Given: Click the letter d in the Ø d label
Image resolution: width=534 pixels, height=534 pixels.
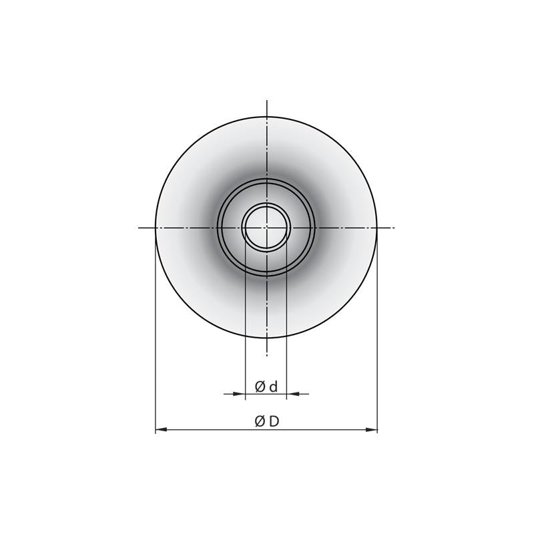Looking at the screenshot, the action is [x=274, y=387].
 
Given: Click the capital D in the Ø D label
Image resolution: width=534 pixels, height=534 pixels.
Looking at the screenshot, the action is [x=274, y=422].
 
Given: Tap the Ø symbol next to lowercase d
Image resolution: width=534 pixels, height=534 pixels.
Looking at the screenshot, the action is [x=260, y=387].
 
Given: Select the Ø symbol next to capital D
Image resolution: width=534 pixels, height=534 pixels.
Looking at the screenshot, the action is [x=260, y=422].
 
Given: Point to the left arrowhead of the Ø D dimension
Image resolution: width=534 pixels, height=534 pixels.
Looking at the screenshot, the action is [x=161, y=430].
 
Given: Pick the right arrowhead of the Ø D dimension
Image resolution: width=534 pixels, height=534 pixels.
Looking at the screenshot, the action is [x=372, y=430].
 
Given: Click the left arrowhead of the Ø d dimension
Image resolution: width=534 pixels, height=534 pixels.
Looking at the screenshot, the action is [x=240, y=394].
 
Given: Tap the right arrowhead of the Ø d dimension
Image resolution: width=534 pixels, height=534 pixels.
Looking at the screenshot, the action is [x=292, y=394].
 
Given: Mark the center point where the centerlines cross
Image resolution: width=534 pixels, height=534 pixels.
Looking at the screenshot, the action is [x=266, y=227].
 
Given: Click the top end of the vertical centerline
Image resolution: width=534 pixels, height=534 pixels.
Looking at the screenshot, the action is [x=266, y=101].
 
